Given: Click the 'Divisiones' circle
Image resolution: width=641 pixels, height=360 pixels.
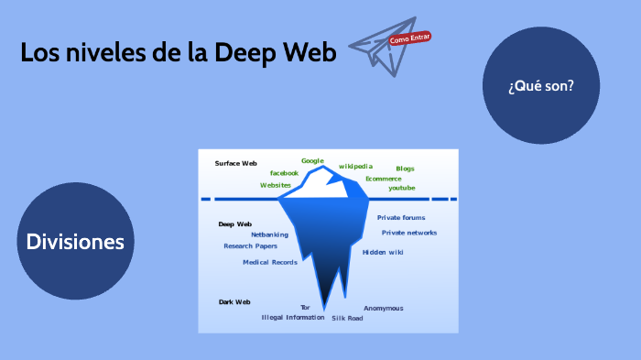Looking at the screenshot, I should tap(75, 242).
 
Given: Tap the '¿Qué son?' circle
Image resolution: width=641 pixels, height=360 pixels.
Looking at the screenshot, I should tap(540, 86).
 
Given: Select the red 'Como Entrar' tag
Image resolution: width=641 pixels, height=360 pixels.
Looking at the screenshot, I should tap(409, 38).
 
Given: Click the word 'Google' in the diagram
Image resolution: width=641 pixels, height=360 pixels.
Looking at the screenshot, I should tap(313, 160).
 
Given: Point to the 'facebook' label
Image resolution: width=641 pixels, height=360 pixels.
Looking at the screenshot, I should tap(284, 172).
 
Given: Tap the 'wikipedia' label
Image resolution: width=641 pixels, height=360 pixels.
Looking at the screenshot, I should tap(355, 166).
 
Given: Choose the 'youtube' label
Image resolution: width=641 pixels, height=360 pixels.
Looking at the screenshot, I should tap(401, 188).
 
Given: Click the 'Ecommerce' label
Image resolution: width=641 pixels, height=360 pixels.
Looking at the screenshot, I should tap(383, 179).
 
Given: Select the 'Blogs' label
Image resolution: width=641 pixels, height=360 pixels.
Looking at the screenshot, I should tap(405, 169).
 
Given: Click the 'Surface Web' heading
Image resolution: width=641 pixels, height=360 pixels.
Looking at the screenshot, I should tap(235, 163).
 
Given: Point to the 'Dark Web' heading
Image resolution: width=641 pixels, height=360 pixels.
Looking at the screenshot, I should tap(234, 301).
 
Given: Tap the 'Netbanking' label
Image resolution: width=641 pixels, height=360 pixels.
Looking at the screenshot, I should tap(269, 235).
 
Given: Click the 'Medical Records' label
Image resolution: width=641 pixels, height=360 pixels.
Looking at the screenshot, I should tap(269, 262).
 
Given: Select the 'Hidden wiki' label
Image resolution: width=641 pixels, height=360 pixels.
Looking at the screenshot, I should tap(382, 252).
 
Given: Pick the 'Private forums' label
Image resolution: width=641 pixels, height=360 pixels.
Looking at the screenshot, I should tap(401, 217).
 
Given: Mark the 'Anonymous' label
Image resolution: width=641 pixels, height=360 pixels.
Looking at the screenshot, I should tap(383, 308).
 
